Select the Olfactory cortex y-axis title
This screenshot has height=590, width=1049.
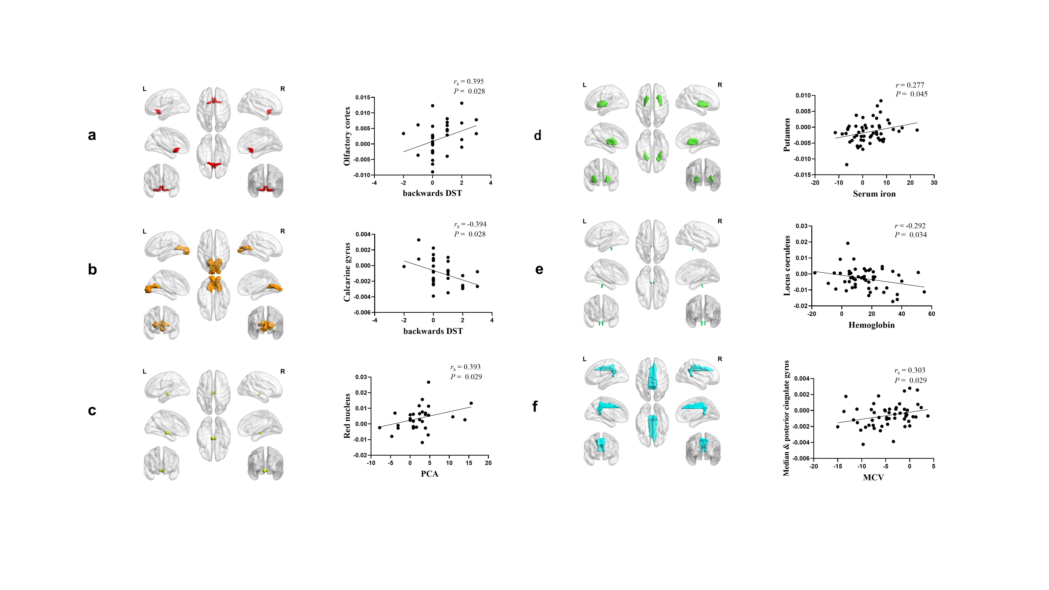point(347,136)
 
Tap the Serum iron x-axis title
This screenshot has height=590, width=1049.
point(874,194)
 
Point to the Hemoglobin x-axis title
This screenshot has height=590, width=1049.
point(871,325)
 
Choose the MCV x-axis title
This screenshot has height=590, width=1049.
point(873,477)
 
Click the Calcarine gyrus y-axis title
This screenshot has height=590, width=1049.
point(347,272)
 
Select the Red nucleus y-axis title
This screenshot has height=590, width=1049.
point(347,416)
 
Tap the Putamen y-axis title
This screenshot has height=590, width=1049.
point(787,135)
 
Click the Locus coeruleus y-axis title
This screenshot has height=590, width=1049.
point(787,265)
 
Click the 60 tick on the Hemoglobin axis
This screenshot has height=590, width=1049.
point(932,314)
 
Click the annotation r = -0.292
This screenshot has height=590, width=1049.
point(910,226)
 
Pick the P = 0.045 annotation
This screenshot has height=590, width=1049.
point(911,94)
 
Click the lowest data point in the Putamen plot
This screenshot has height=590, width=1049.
point(847,165)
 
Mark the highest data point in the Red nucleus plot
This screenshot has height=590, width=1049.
point(428,382)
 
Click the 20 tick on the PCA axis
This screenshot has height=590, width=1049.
point(488,463)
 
